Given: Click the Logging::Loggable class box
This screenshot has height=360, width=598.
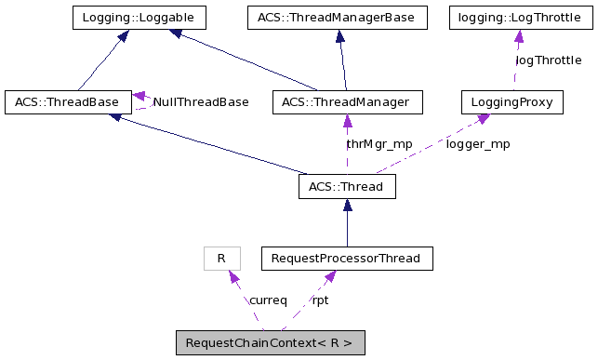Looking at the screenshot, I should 139,17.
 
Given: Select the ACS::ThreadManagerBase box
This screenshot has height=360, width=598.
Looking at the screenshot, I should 337,17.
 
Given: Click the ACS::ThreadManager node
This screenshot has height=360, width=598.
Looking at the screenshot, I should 346,101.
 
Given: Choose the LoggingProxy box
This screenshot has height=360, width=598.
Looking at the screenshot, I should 512,101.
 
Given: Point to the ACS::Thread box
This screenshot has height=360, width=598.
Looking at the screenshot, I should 347,186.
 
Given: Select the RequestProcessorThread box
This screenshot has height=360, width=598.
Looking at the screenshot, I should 347,258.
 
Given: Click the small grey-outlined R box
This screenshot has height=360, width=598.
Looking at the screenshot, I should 221,258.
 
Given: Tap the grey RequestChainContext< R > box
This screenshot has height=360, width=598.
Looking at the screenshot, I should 270,343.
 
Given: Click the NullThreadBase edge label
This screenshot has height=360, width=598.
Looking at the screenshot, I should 201,101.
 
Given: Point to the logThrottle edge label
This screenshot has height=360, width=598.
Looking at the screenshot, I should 548,60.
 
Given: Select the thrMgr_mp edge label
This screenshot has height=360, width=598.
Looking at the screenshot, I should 379,144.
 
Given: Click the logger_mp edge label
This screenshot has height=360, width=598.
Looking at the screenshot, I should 478,144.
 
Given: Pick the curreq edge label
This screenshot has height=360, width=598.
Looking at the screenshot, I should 268,300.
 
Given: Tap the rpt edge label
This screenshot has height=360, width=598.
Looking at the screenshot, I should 319,300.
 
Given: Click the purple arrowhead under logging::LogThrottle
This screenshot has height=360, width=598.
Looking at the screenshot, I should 518,36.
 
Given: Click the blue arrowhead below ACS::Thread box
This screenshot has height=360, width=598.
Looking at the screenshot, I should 347,207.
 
